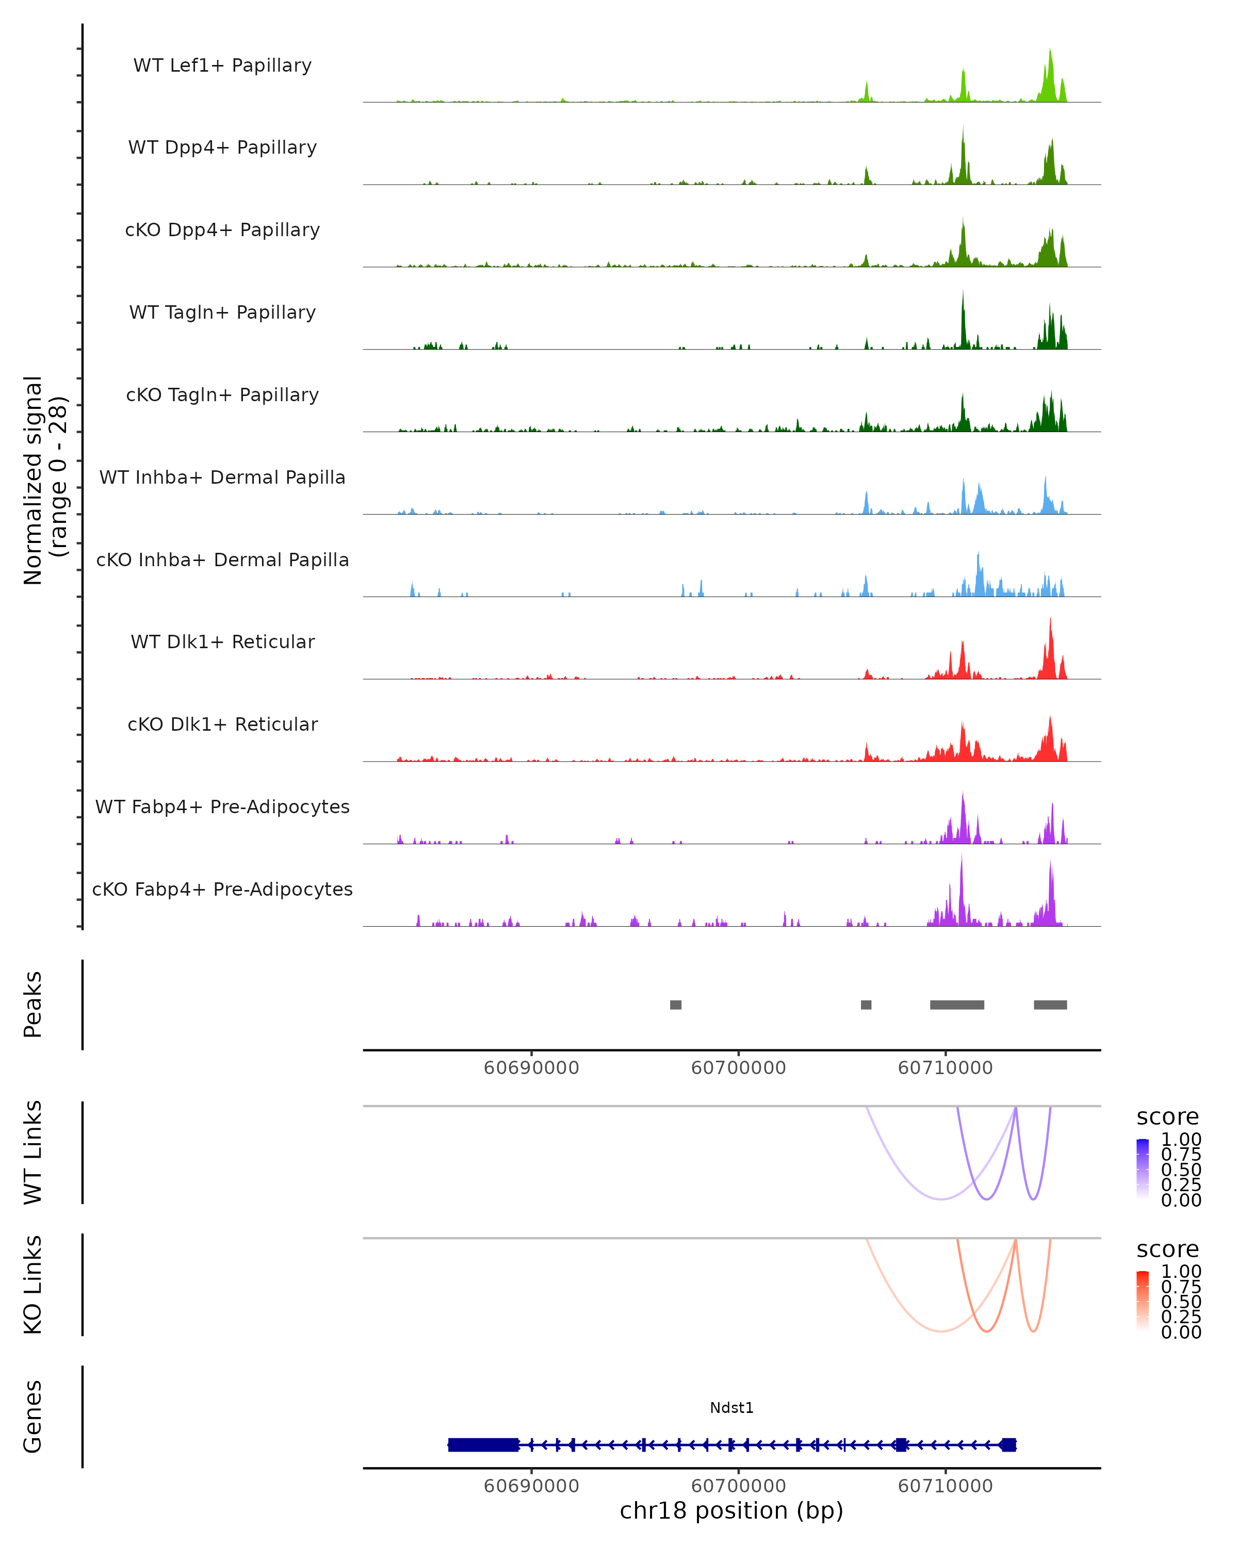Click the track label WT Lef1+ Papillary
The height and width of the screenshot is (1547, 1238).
[x=222, y=65]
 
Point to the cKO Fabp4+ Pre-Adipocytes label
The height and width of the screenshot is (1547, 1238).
[x=222, y=889]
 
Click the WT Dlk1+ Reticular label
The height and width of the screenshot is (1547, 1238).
[x=222, y=641]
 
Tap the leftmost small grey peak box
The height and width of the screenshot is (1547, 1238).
[x=675, y=1005]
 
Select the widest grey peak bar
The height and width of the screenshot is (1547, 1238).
[x=957, y=1005]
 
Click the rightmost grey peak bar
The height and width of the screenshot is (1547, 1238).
[x=1050, y=1005]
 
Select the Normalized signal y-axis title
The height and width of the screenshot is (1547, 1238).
[x=44, y=480]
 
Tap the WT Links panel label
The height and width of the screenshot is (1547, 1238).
[x=33, y=1153]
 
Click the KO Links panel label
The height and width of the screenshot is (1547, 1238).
[x=33, y=1285]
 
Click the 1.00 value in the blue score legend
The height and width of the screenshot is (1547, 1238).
[x=1181, y=1140]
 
